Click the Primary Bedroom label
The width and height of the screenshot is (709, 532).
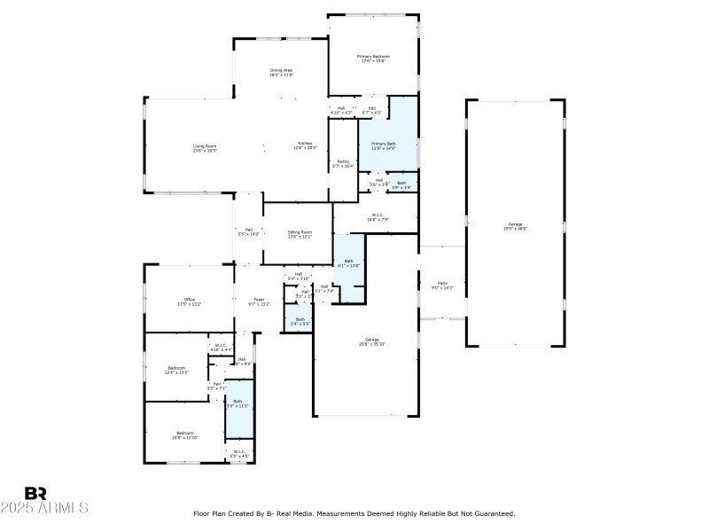(373, 57)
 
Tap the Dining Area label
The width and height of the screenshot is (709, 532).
(281, 70)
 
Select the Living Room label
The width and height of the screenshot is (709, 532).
(205, 146)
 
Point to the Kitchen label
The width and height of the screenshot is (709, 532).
(305, 144)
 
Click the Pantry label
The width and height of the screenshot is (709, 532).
(342, 161)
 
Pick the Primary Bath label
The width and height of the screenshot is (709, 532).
(383, 144)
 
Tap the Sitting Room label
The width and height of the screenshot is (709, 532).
(300, 232)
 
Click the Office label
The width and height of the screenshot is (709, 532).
(189, 300)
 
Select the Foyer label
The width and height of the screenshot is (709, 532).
(258, 300)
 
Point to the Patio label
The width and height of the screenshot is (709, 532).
(441, 283)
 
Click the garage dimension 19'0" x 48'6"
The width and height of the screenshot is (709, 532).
(515, 230)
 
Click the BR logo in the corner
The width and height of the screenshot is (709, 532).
(35, 493)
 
